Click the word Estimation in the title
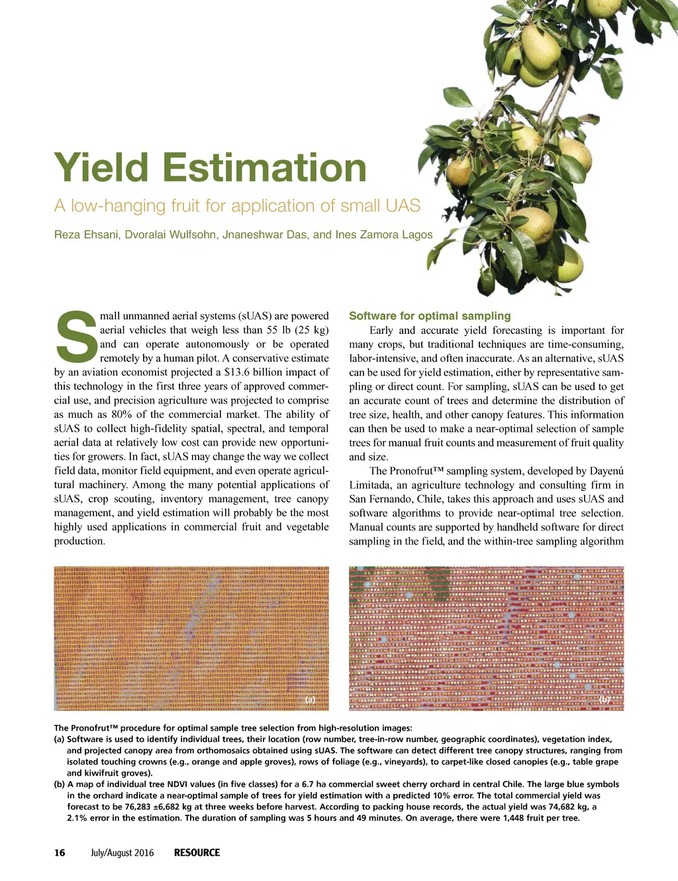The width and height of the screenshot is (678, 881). [264, 168]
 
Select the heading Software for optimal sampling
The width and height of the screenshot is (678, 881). [430, 316]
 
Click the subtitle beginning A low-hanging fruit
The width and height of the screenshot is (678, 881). [237, 205]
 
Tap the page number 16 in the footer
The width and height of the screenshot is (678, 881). [60, 853]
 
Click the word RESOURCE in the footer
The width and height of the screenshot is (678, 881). [197, 853]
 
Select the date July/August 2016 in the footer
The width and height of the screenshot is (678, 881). [122, 853]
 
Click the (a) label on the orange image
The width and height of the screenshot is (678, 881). [310, 700]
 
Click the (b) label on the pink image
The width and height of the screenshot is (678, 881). [605, 700]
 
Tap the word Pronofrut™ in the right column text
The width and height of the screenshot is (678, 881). [416, 471]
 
